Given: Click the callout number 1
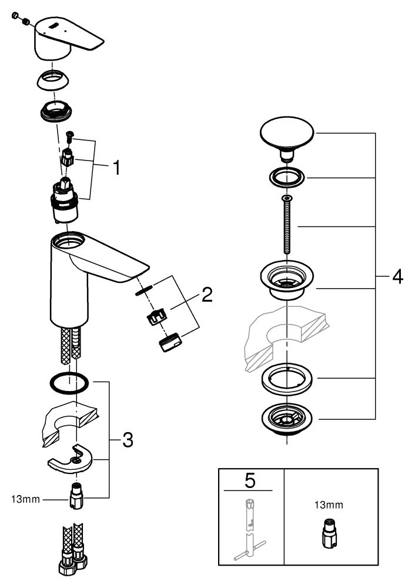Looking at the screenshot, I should point(116,169).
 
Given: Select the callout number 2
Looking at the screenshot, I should point(206,295).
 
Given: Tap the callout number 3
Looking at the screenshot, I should point(128,439).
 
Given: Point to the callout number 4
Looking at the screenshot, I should point(397,276).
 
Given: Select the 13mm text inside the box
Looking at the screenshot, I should point(329,505).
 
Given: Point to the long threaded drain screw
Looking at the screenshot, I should point(286,226).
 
